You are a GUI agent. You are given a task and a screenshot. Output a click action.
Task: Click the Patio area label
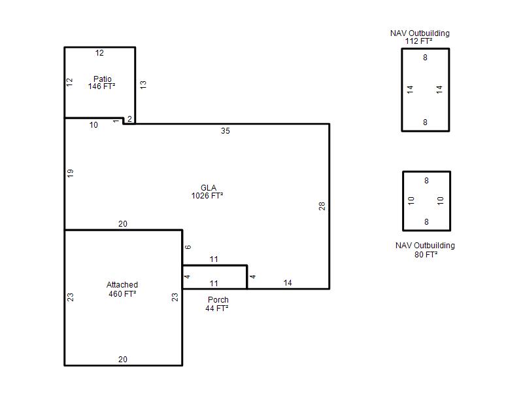102,83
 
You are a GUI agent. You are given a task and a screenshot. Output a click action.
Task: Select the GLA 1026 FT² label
207,192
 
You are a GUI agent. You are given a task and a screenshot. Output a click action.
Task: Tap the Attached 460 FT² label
122,290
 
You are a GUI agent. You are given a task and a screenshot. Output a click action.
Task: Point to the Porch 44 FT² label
217,304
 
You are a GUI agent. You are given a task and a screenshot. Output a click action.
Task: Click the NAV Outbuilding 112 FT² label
420,37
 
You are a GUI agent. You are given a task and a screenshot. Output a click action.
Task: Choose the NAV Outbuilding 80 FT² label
426,250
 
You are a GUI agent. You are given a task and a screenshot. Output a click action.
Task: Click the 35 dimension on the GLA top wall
226,131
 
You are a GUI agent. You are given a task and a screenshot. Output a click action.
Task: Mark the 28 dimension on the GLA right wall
322,206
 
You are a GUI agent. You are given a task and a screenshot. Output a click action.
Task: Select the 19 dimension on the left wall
70,173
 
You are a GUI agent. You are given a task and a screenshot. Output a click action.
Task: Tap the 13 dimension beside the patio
143,84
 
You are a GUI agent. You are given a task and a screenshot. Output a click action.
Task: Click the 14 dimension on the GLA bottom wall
288,283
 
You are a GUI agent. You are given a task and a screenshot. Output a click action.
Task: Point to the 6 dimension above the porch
188,247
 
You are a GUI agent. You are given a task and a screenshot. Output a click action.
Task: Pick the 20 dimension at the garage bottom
123,360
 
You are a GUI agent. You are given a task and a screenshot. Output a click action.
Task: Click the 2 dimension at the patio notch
129,119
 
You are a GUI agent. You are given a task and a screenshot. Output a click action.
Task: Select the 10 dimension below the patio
93,125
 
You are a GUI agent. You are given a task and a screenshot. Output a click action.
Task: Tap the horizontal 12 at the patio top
99,53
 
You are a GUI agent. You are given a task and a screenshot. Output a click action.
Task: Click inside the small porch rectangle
215,277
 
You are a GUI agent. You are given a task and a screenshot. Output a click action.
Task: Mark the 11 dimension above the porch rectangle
214,259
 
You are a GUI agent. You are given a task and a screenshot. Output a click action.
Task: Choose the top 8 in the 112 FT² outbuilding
426,58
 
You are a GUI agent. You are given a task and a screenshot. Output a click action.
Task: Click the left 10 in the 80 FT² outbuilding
411,200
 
